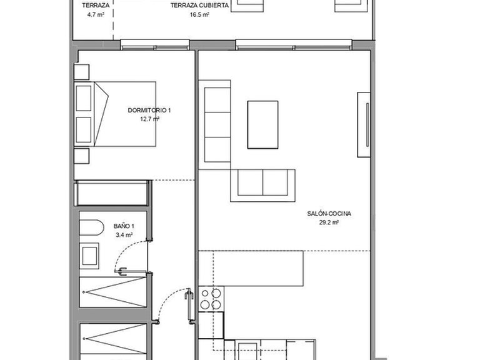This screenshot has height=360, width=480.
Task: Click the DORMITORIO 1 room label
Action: point(149,110)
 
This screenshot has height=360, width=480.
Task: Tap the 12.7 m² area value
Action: point(149,119)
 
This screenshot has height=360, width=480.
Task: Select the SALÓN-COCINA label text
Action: point(329,213)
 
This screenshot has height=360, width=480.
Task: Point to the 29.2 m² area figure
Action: point(329,222)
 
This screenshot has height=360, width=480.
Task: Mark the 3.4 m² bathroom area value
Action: point(124,235)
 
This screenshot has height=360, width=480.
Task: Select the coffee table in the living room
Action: point(262,124)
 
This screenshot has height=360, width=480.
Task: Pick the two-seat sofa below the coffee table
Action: point(262,184)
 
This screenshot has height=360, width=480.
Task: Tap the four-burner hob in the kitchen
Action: point(211,299)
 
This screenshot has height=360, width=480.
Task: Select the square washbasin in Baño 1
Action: point(90,255)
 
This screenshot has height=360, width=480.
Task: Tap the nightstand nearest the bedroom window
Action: point(81,71)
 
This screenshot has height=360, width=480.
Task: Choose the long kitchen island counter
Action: point(257,267)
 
